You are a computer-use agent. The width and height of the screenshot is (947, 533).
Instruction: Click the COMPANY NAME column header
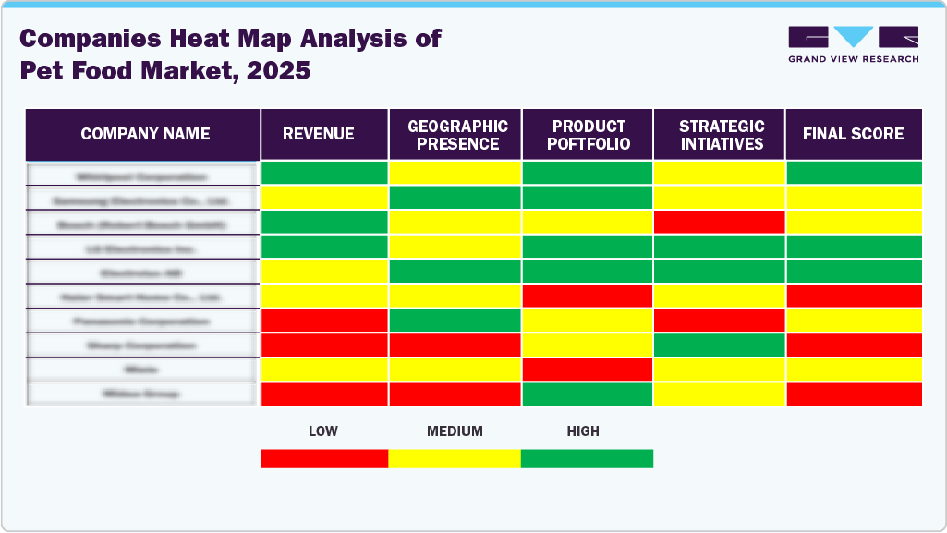pyautogui.click(x=145, y=134)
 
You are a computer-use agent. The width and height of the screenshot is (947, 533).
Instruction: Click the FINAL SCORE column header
pyautogui.click(x=853, y=134)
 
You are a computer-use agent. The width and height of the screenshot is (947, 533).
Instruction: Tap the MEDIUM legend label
pyautogui.click(x=455, y=431)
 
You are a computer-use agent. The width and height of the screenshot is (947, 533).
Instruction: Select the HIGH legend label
pyautogui.click(x=583, y=431)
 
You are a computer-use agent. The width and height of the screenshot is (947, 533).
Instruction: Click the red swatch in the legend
pyautogui.click(x=324, y=458)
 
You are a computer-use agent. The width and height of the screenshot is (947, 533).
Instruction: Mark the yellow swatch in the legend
pyautogui.click(x=455, y=458)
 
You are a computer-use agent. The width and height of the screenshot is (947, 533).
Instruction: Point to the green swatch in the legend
pyautogui.click(x=587, y=458)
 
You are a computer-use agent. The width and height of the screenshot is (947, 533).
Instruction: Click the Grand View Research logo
pyautogui.click(x=853, y=44)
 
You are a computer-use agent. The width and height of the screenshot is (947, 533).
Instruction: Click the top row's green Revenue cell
pyautogui.click(x=324, y=173)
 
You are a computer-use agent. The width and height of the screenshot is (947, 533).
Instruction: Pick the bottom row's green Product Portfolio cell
pyautogui.click(x=588, y=394)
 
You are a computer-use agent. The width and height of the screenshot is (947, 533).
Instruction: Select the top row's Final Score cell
pyautogui.click(x=854, y=173)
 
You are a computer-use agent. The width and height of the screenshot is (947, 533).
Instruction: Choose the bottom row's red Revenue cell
pyautogui.click(x=324, y=394)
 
